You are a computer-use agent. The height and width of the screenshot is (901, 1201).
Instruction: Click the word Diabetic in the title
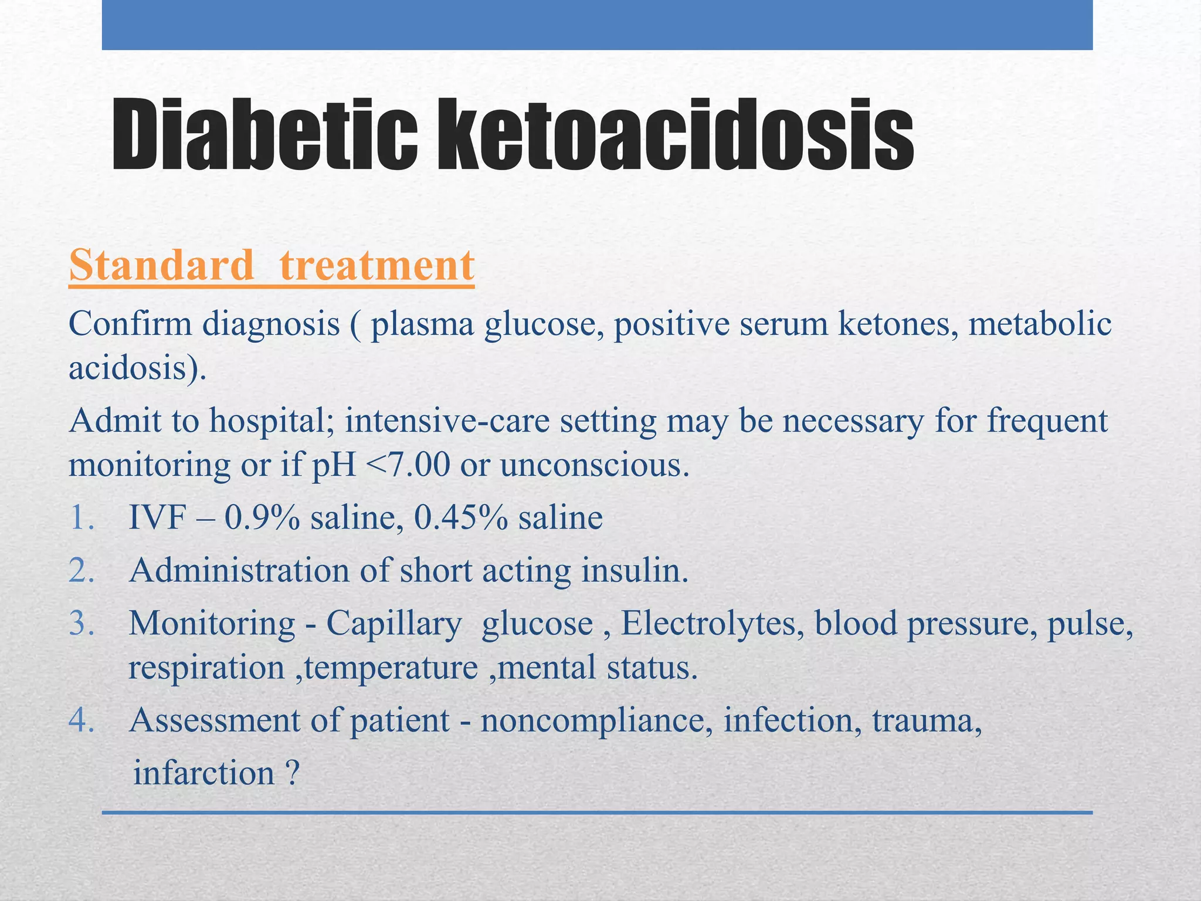pyautogui.click(x=264, y=136)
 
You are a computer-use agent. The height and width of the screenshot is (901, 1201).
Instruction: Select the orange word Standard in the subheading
pyautogui.click(x=161, y=266)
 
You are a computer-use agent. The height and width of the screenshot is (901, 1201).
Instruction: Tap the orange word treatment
pyautogui.click(x=377, y=266)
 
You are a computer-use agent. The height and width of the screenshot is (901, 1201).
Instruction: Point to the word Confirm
pyautogui.click(x=130, y=324)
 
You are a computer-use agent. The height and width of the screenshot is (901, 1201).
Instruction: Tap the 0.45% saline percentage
pyautogui.click(x=461, y=519)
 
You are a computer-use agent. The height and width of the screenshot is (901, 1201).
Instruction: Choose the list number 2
pyautogui.click(x=81, y=571)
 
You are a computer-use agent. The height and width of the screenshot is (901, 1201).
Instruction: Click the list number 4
pyautogui.click(x=81, y=721)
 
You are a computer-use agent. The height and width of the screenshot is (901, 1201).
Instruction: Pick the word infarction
pyautogui.click(x=203, y=774)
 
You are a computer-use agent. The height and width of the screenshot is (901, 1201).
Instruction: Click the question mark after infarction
pyautogui.click(x=293, y=774)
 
